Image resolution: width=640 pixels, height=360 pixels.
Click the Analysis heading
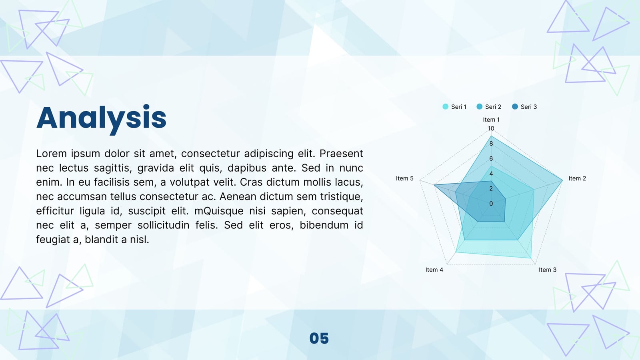click(x=102, y=118)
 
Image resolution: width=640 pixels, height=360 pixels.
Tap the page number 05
click(x=319, y=338)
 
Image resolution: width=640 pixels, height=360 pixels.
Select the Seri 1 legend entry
click(x=454, y=106)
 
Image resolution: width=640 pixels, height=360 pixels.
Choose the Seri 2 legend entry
click(x=489, y=106)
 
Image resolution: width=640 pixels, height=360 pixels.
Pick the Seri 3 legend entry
click(x=524, y=106)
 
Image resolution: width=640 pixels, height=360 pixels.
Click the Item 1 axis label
click(x=491, y=120)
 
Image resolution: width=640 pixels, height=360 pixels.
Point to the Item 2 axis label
click(x=577, y=178)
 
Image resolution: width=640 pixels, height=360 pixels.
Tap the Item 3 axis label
click(x=548, y=270)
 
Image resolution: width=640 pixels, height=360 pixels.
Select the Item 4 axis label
click(x=434, y=270)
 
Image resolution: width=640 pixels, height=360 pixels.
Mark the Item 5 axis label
click(x=404, y=178)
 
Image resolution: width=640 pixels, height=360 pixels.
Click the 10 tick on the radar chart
click(x=491, y=128)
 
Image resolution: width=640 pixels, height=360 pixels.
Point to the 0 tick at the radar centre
click(x=491, y=204)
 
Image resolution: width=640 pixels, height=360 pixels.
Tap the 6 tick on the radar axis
click(x=491, y=158)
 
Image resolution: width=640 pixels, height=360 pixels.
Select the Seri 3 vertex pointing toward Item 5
click(x=434, y=185)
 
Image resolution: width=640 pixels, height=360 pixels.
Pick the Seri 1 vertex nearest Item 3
click(x=531, y=258)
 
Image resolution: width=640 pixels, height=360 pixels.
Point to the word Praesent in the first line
click(x=341, y=154)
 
